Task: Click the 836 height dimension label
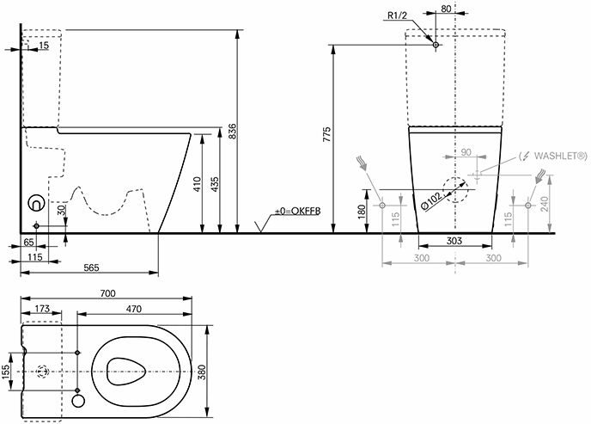233,131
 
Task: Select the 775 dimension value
326,134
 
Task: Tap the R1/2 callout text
397,15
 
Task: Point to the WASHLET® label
560,156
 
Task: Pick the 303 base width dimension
454,240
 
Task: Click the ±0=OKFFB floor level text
298,212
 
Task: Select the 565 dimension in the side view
91,267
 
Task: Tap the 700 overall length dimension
108,293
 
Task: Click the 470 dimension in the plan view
134,309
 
